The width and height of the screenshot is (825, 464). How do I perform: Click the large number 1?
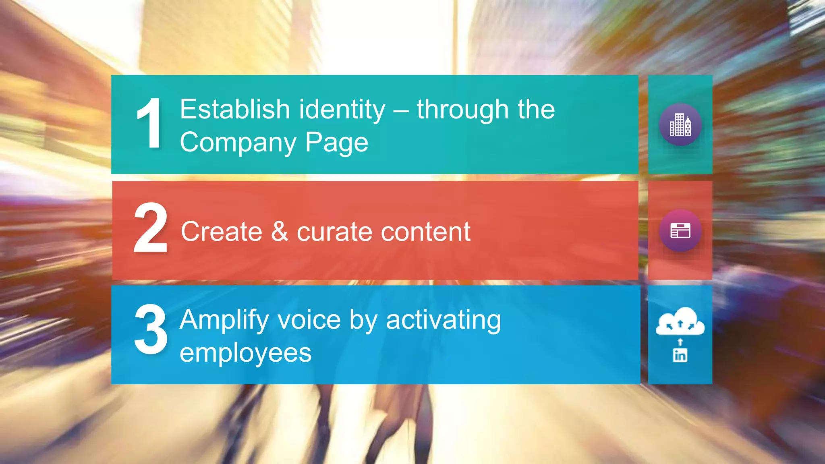click(150, 124)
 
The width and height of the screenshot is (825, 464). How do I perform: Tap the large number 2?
click(151, 228)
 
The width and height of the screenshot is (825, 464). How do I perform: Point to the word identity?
click(342, 110)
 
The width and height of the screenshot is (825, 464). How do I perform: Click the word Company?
click(238, 143)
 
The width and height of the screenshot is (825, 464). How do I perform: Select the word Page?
click(336, 143)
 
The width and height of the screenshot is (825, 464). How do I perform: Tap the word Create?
click(222, 232)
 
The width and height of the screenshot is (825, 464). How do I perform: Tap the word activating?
click(444, 320)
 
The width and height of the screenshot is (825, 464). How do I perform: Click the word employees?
click(246, 353)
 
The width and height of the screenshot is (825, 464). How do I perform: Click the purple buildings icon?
click(680, 124)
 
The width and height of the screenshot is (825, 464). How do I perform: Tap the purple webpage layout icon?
click(680, 231)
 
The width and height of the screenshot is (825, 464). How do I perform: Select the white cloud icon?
click(680, 322)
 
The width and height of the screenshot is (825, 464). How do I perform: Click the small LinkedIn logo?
click(680, 355)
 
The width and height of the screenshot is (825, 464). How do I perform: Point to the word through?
click(463, 110)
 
